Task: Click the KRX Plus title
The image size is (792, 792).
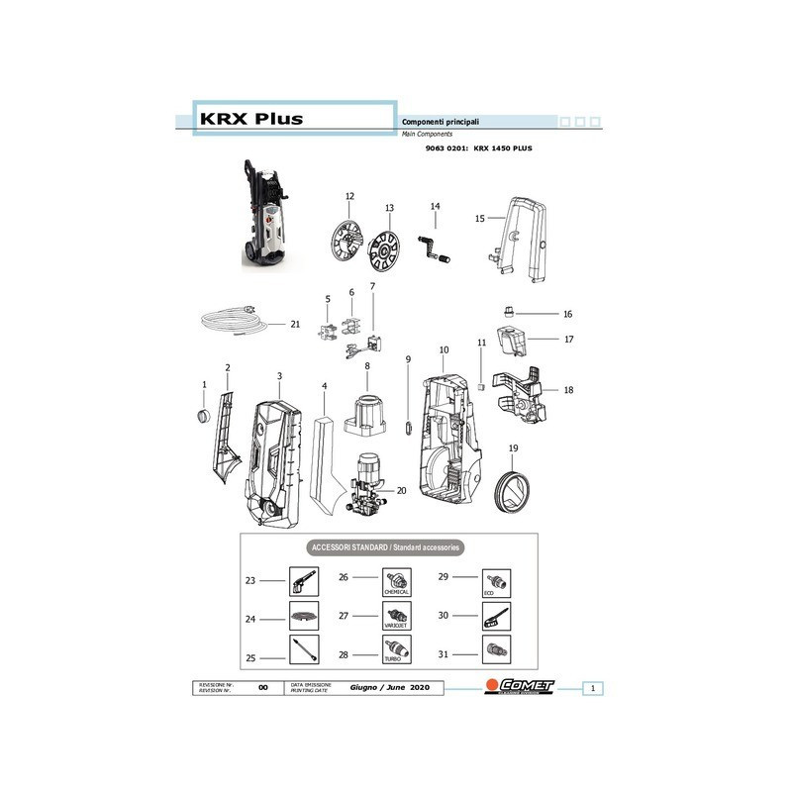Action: click(x=252, y=119)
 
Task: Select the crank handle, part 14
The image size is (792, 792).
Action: click(x=437, y=244)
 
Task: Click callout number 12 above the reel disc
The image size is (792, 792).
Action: click(x=348, y=196)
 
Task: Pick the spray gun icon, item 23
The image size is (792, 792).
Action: click(x=302, y=580)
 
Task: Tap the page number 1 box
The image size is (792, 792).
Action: click(x=591, y=687)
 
